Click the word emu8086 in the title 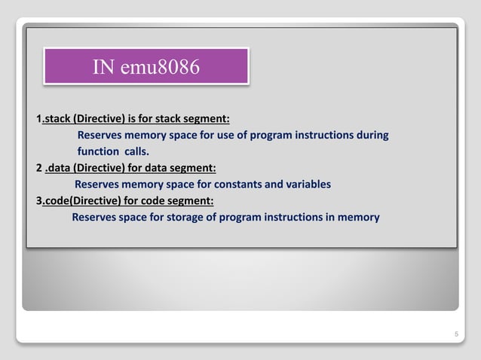(x=166, y=67)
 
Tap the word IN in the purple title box (x=103, y=67)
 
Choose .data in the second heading (x=60, y=167)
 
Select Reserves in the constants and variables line (x=100, y=184)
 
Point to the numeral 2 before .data (x=39, y=167)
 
